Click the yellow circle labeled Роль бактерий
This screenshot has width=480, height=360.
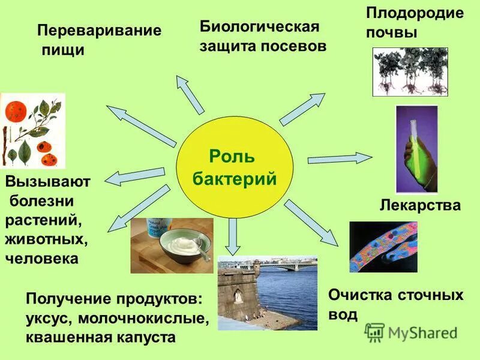[234, 168]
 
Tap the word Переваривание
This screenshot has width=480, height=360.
[99, 31]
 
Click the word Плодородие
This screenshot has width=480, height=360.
[415, 14]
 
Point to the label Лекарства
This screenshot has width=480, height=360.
[420, 206]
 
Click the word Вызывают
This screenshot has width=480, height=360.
[47, 182]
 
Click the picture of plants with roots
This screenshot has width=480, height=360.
[410, 72]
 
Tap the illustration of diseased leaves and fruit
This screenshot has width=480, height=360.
[32, 130]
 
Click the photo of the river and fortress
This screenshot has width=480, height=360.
[267, 293]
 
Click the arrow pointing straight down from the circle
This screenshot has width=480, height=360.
[234, 236]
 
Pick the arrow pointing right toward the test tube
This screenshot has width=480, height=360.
[340, 159]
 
